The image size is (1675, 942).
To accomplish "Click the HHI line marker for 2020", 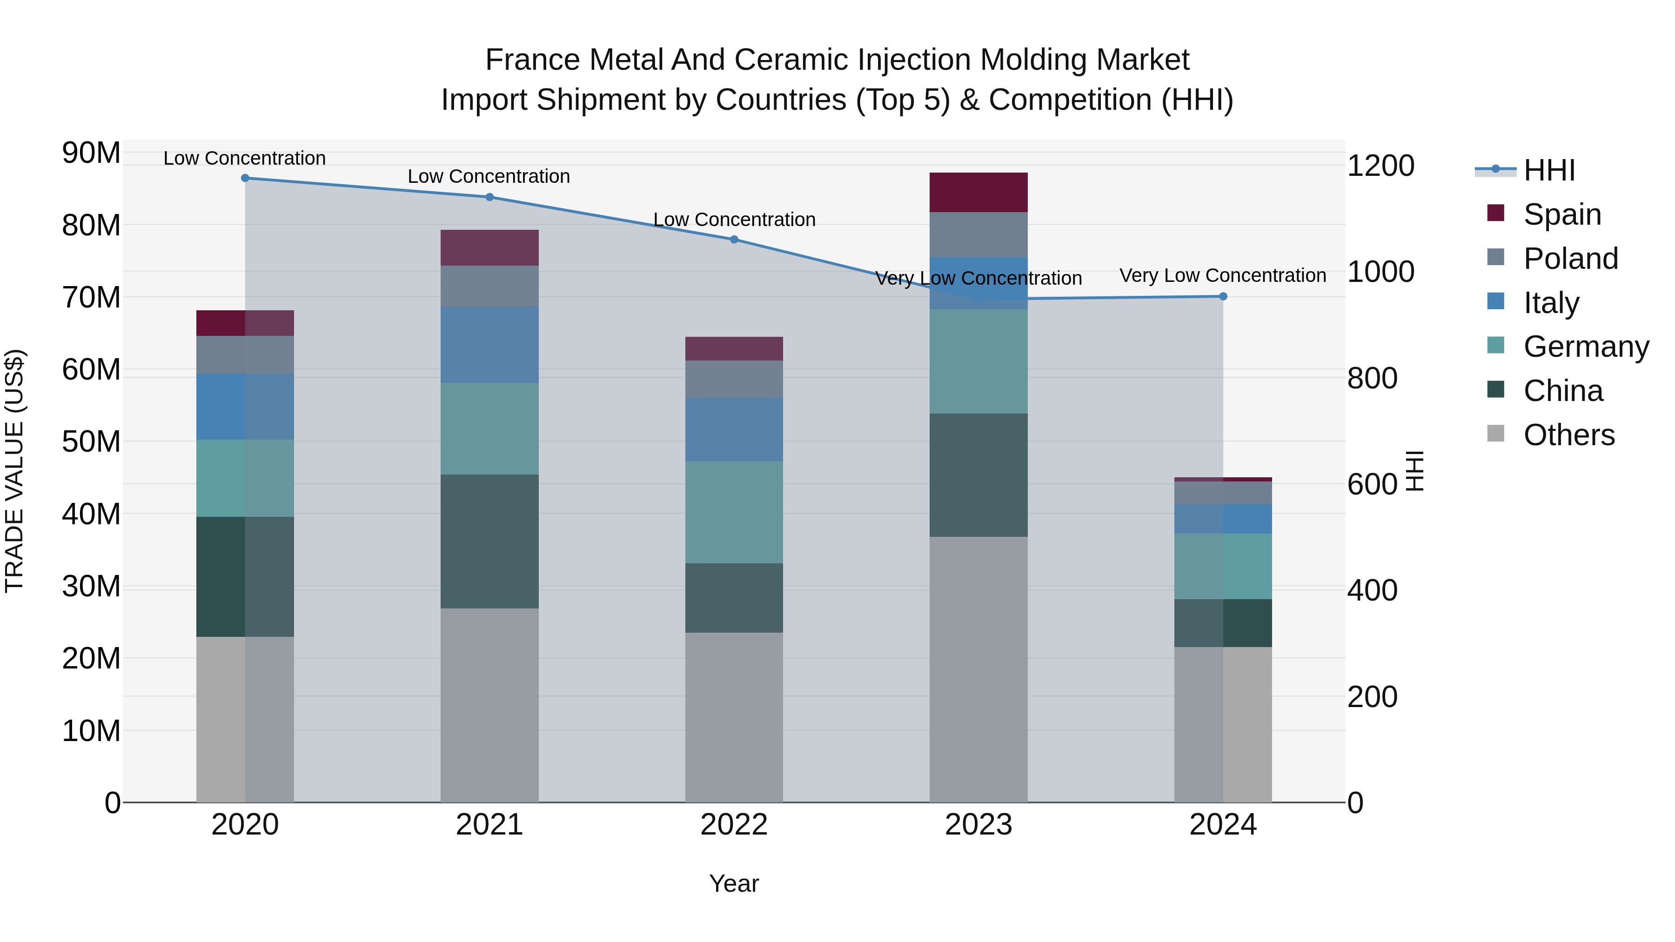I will pyautogui.click(x=245, y=178).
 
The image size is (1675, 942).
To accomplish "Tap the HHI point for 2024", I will pyautogui.click(x=1223, y=296).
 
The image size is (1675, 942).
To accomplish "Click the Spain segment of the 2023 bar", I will pyautogui.click(x=978, y=193).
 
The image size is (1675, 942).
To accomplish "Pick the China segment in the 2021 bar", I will pyautogui.click(x=489, y=541).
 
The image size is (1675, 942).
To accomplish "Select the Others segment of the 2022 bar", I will pyautogui.click(x=734, y=717).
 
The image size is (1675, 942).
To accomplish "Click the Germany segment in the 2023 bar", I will pyautogui.click(x=978, y=361).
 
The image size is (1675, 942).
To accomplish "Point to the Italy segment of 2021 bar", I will pyautogui.click(x=489, y=345).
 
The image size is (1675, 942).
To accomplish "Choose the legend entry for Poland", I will pyautogui.click(x=1570, y=259).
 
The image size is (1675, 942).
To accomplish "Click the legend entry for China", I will pyautogui.click(x=1562, y=391).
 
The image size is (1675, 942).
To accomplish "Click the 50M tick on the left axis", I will pyautogui.click(x=91, y=442).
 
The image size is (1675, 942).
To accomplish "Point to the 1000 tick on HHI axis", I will pyautogui.click(x=1380, y=272).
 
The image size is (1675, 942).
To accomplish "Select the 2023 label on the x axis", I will pyautogui.click(x=978, y=825).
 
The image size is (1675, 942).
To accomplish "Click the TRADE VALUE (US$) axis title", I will pyautogui.click(x=14, y=471).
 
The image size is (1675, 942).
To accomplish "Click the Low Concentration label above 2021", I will pyautogui.click(x=489, y=177).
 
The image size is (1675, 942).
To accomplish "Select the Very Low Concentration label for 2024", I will pyautogui.click(x=1222, y=276).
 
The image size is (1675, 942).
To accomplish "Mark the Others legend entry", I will pyautogui.click(x=1568, y=435).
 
